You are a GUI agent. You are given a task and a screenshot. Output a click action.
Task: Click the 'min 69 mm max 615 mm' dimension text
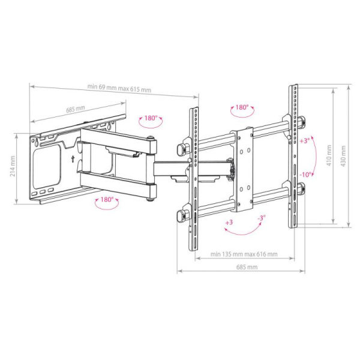pyautogui.click(x=119, y=89)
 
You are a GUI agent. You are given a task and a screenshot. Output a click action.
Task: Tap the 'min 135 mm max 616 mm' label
pyautogui.click(x=244, y=254)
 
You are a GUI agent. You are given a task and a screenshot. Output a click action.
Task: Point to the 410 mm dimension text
pyautogui.click(x=328, y=156)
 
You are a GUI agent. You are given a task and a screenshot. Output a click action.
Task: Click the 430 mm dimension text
pyautogui.click(x=343, y=156)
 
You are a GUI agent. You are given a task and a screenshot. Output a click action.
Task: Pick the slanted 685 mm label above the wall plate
pyautogui.click(x=76, y=109)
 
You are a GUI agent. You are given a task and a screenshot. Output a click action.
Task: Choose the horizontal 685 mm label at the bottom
pyautogui.click(x=247, y=266)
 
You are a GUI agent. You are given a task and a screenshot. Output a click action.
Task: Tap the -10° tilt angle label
pyautogui.click(x=305, y=174)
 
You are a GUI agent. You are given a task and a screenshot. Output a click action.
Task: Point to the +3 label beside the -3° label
pyautogui.click(x=228, y=223)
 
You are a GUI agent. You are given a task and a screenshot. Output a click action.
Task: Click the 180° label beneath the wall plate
pyautogui.click(x=107, y=199)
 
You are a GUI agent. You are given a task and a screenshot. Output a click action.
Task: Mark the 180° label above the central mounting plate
pyautogui.click(x=241, y=107)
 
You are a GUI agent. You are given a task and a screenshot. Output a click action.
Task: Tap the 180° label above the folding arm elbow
pyautogui.click(x=151, y=118)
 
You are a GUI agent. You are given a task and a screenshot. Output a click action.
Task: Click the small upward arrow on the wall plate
pyautogui.click(x=72, y=160)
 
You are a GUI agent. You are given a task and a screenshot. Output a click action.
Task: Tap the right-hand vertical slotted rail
pyautogui.click(x=294, y=156)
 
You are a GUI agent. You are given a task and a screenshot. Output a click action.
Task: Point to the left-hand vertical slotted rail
pyautogui.click(x=194, y=180)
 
